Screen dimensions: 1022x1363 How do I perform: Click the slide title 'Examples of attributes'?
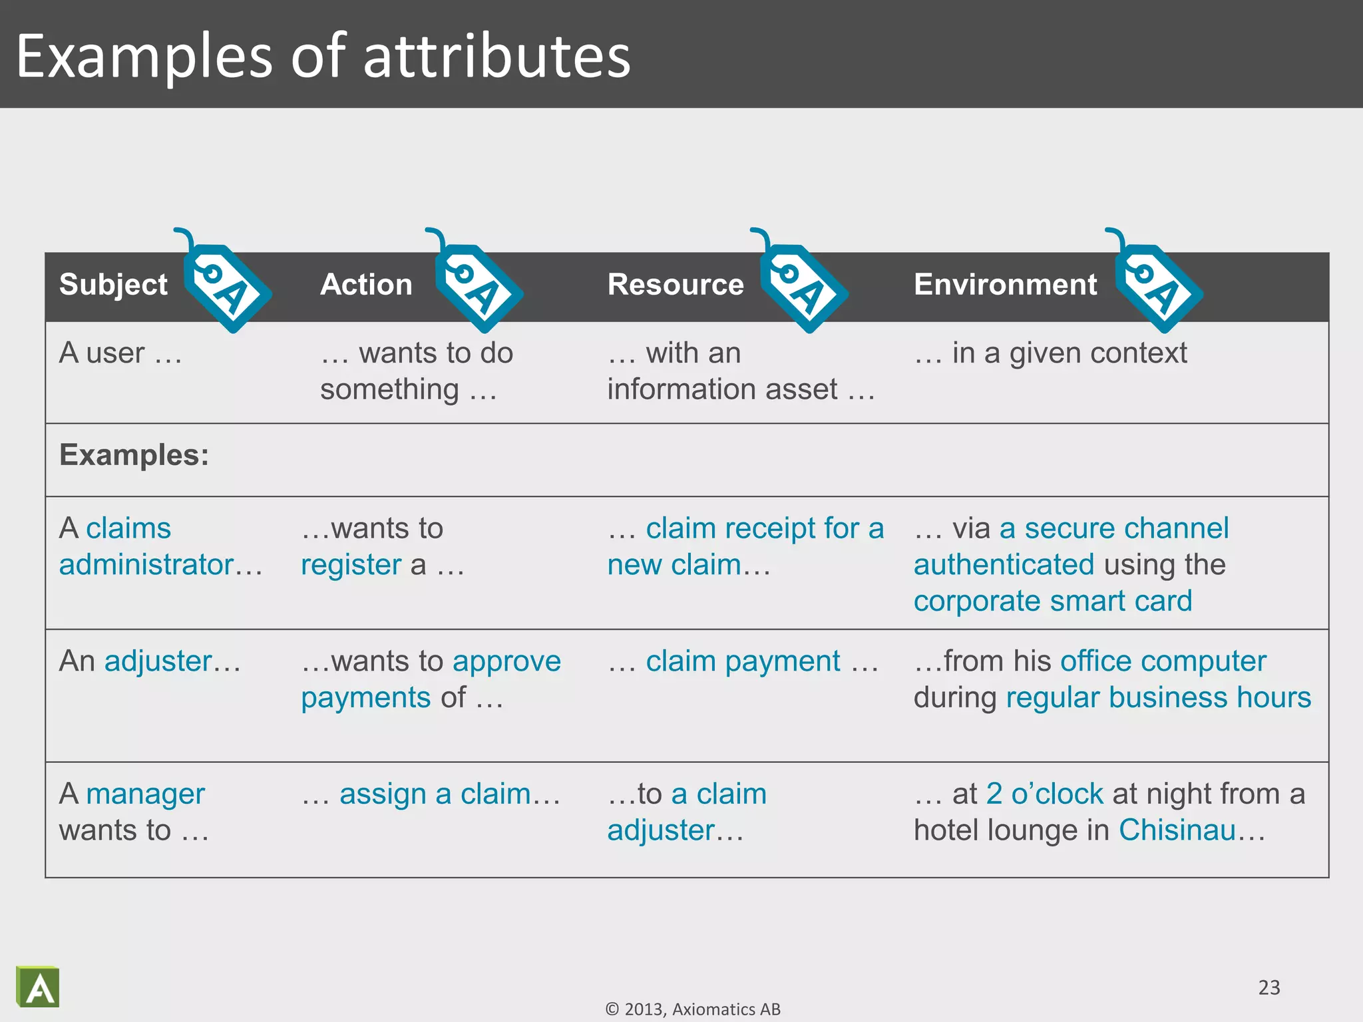[323, 56]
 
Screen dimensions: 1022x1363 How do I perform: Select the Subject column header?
[113, 285]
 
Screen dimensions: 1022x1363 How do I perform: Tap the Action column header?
[366, 285]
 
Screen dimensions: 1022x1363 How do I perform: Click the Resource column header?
[676, 285]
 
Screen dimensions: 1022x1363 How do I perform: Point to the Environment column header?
[1005, 285]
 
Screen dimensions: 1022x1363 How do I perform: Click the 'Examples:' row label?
[134, 456]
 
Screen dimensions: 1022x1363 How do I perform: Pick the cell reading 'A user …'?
[120, 353]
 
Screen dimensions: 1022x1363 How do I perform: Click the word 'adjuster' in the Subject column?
[158, 661]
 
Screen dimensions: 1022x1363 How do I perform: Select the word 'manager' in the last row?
[145, 794]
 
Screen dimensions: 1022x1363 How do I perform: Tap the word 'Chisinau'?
[1177, 830]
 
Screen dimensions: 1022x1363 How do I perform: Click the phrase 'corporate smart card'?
[1052, 601]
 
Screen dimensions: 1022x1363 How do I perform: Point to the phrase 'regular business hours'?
[1158, 698]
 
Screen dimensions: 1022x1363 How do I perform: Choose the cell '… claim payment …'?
[743, 661]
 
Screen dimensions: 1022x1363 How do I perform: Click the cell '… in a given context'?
[1050, 353]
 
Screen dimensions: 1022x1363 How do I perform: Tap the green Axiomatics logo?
[38, 987]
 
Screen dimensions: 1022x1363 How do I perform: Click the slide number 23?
[1268, 987]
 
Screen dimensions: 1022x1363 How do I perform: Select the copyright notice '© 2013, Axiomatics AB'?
[693, 1009]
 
